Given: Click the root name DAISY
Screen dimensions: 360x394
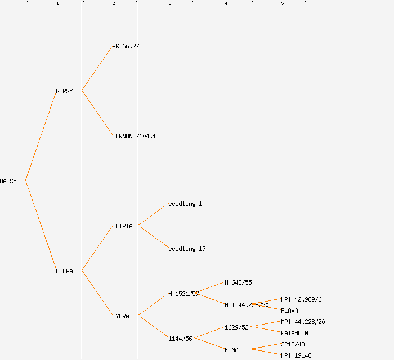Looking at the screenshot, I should click(x=8, y=181).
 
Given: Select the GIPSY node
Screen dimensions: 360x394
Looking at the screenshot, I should click(x=64, y=91).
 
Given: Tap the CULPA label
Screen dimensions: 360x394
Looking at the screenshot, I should click(x=64, y=271).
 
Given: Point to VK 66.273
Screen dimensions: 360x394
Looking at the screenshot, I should click(x=127, y=46).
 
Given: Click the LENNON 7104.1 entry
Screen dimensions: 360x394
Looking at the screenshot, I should click(x=134, y=136).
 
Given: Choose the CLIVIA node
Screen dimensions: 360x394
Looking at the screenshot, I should click(x=122, y=226).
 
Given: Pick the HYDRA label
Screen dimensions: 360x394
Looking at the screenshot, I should click(x=120, y=316).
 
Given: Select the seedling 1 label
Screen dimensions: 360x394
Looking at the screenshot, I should click(x=185, y=204).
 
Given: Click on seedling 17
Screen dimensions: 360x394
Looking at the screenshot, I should click(x=187, y=249).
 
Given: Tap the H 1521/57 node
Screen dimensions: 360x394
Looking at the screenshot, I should click(x=183, y=294).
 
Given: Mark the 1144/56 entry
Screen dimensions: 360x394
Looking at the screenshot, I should click(x=180, y=339).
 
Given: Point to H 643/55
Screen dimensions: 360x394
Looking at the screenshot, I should click(x=238, y=282).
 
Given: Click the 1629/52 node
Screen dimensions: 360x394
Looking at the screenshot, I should click(x=236, y=327).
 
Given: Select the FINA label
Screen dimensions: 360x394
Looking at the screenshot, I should click(x=231, y=350).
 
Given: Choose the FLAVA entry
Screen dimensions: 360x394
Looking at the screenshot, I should click(x=289, y=310).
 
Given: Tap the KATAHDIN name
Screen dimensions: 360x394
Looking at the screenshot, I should click(x=294, y=333).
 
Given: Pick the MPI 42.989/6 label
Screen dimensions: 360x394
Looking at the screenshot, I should click(x=301, y=299).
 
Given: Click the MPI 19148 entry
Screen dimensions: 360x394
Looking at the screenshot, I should click(x=296, y=355).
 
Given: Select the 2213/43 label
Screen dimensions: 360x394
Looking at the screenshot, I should click(x=293, y=344).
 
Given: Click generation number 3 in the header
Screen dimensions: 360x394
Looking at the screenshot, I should click(x=169, y=4).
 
